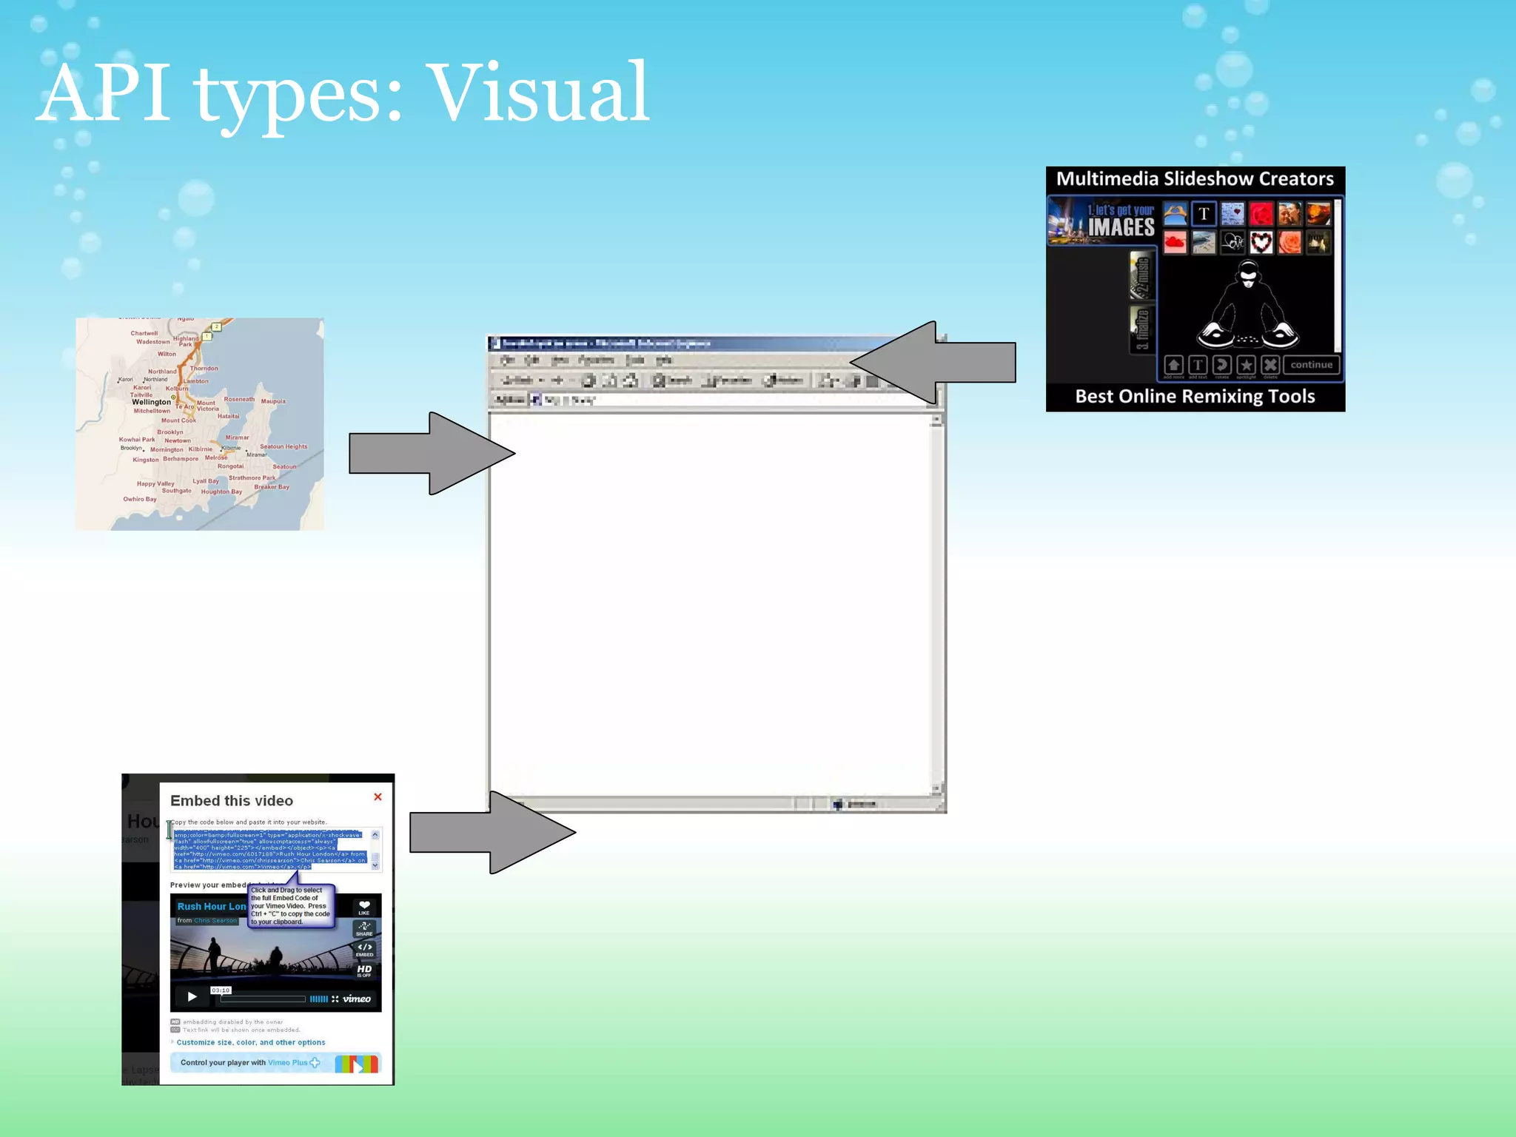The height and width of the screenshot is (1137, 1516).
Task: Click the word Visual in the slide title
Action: [540, 94]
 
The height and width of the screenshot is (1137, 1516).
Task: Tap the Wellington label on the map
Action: [151, 402]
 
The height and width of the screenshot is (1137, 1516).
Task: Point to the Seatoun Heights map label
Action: [283, 446]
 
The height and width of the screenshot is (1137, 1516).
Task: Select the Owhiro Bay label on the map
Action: [140, 499]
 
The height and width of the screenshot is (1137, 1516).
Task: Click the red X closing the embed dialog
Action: [378, 797]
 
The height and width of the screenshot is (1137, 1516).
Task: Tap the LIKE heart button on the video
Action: [364, 907]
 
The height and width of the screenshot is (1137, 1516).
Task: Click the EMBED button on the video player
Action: [364, 949]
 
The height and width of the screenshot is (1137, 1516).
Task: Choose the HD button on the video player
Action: [364, 970]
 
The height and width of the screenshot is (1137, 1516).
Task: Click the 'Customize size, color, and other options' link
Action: [250, 1042]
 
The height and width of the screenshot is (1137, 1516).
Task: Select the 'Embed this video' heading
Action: [232, 801]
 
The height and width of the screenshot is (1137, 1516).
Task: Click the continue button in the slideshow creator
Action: [1311, 365]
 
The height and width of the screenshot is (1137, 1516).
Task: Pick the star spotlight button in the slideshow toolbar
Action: [1247, 365]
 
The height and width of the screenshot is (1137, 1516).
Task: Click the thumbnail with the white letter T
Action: [1204, 214]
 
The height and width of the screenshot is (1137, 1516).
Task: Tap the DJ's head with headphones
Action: [1248, 275]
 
